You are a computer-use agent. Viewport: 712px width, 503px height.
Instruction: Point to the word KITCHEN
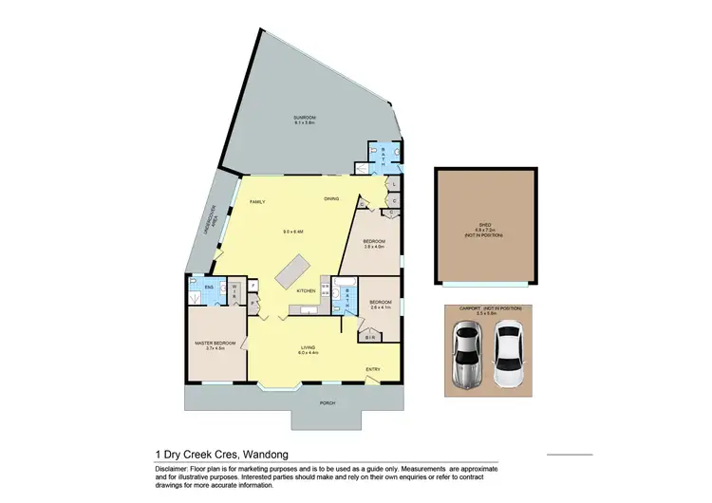coord(305,290)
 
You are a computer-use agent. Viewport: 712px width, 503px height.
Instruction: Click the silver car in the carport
coord(466,356)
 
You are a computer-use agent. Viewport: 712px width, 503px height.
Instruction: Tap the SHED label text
coord(483,225)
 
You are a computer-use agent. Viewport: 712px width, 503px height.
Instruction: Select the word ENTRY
coord(372,369)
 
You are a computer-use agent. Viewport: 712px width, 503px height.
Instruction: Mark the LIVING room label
coord(309,348)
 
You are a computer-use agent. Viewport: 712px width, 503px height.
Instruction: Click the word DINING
coord(331,199)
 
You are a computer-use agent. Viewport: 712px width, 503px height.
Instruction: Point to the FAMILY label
coord(256,203)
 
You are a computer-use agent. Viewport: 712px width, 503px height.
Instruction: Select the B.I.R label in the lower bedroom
coord(370,338)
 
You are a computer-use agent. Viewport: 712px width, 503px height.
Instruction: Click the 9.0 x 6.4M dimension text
coord(292,232)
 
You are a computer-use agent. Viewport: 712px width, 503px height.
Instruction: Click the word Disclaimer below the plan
coord(172,468)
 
